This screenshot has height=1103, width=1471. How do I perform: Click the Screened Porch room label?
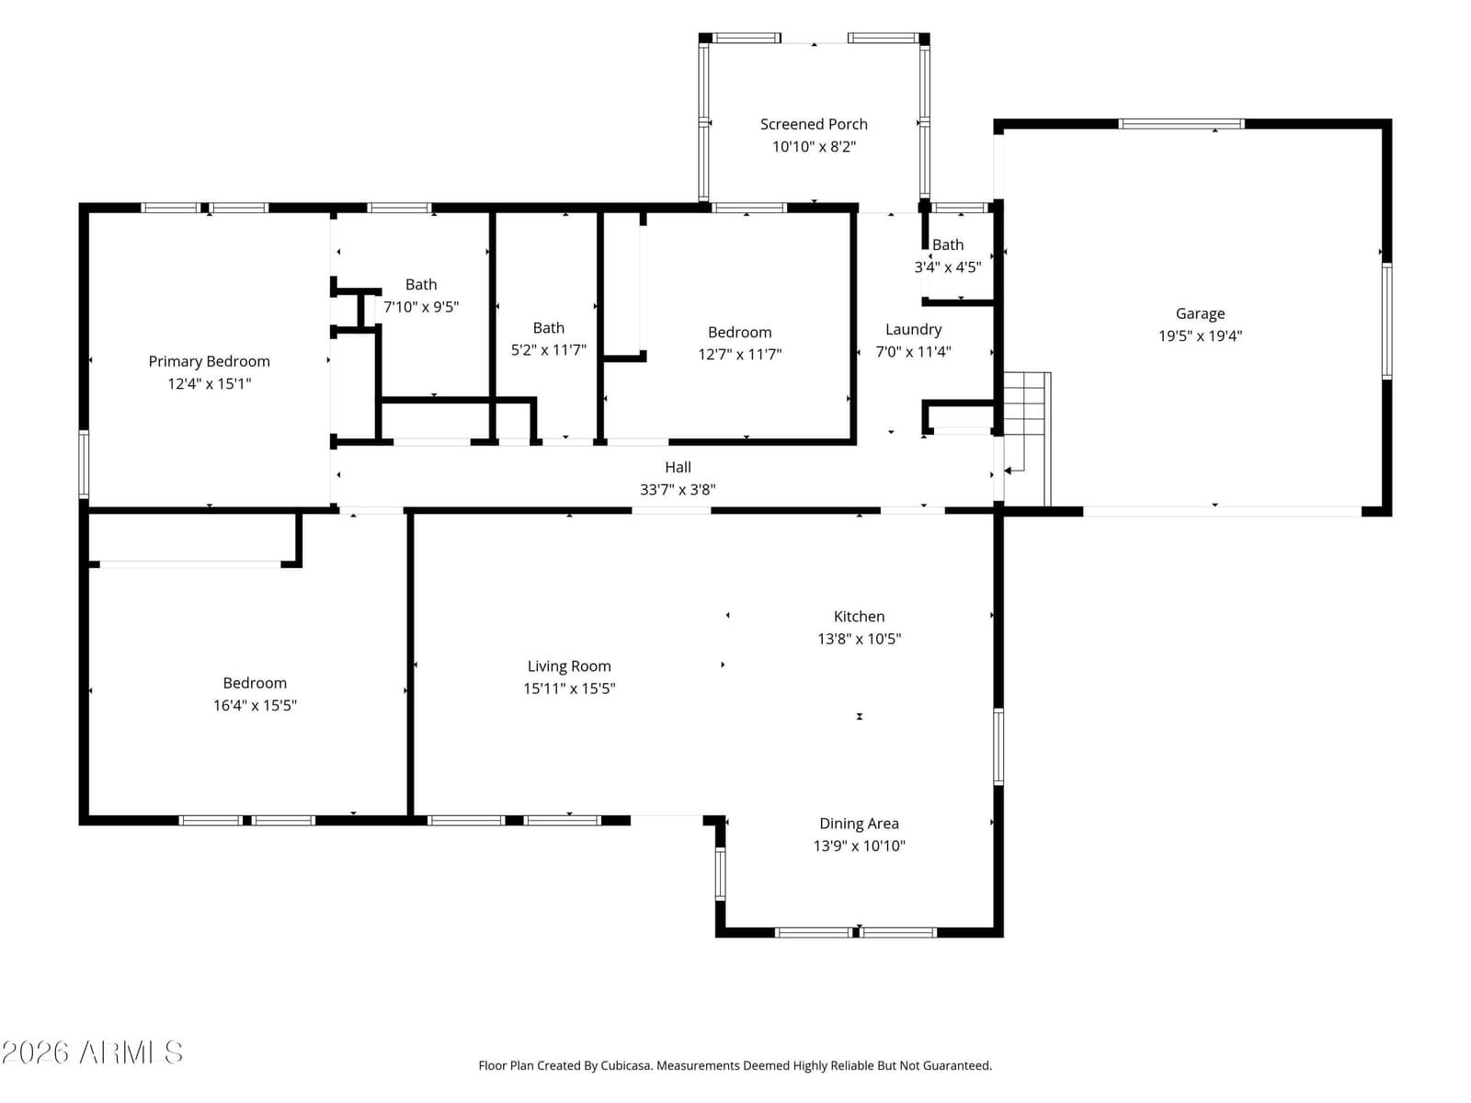813,124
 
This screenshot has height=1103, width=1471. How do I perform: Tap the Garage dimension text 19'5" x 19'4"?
1200,335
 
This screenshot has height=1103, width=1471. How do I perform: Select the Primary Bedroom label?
209,361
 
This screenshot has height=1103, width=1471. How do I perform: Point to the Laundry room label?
913,329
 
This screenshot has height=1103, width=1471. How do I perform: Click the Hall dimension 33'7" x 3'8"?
678,490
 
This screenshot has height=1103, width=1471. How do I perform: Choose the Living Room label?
569,666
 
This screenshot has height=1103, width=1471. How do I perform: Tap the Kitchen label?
859,616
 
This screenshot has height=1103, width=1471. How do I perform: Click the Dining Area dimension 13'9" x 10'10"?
859,846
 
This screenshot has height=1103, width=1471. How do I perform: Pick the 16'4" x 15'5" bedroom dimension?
255,705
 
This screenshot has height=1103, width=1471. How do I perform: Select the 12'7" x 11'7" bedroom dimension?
739,354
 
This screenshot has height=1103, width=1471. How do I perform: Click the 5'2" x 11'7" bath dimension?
548,349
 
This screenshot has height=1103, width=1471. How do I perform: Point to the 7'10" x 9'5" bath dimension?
421,307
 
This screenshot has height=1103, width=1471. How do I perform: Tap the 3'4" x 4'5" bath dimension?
948,267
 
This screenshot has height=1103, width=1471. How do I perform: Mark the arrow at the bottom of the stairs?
1014,470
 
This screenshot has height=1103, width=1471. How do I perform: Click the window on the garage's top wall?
1180,124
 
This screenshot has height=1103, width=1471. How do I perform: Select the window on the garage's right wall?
1386,321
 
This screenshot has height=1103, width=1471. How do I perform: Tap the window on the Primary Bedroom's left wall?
84,464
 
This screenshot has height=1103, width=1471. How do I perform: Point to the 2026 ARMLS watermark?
93,1052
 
